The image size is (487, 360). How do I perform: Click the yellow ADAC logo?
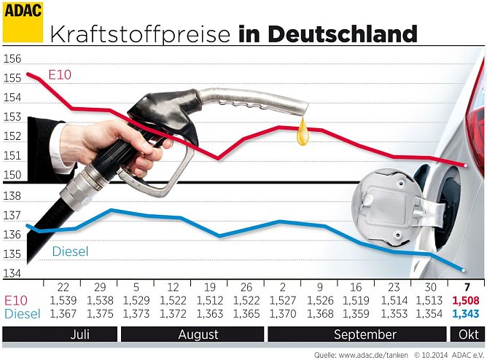pyautogui.click(x=23, y=21)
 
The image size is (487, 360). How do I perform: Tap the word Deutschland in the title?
pyautogui.click(x=342, y=34)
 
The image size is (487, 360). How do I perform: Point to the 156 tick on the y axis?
pyautogui.click(x=12, y=60)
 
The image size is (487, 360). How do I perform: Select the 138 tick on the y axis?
pyautogui.click(x=12, y=197)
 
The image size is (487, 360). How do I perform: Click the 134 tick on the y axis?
pyautogui.click(x=12, y=274)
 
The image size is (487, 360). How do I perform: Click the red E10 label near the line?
pyautogui.click(x=60, y=75)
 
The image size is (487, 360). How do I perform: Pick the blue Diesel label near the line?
pyautogui.click(x=70, y=251)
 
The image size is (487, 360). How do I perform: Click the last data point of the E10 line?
pyautogui.click(x=466, y=165)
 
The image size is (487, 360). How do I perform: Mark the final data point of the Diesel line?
pyautogui.click(x=465, y=269)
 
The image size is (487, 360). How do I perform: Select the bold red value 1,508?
pyautogui.click(x=466, y=300)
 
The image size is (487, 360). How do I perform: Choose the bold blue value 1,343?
pyautogui.click(x=466, y=313)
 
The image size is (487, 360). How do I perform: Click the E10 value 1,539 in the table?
pyautogui.click(x=63, y=300)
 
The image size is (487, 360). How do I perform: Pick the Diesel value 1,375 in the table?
pyautogui.click(x=101, y=313)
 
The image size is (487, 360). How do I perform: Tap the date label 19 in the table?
pyautogui.click(x=209, y=286)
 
